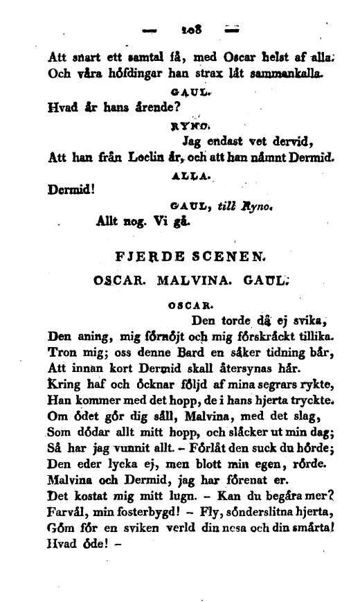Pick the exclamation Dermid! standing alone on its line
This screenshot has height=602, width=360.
[73, 188]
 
